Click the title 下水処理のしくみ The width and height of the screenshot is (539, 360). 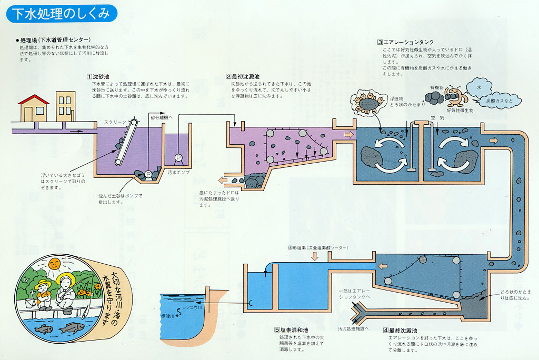61,14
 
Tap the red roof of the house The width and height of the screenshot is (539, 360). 34,99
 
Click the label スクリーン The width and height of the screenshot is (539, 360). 115,122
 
